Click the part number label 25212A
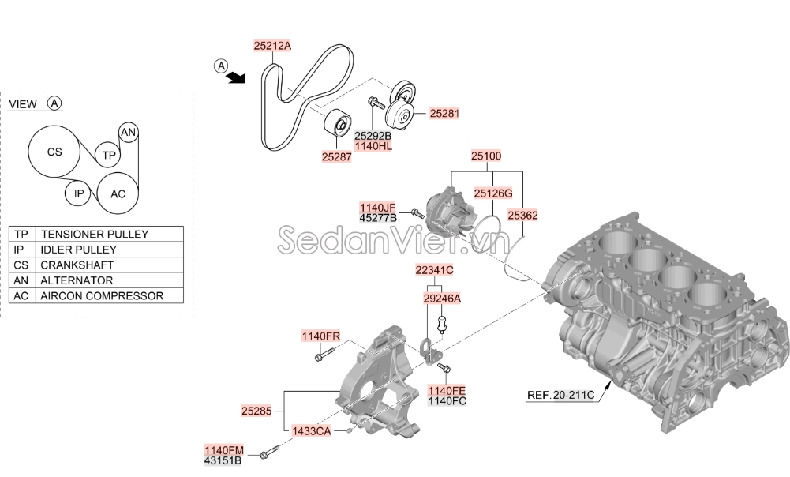272,46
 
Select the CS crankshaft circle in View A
54,152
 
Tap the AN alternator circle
128,132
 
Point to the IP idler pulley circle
78,193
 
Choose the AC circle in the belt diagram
118,193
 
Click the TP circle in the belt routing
108,155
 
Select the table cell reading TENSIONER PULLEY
95,234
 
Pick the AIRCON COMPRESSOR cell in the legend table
102,295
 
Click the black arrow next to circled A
235,77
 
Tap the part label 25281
444,114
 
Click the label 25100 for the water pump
486,156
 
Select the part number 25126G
492,193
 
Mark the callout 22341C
434,270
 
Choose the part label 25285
256,411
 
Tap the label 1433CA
312,431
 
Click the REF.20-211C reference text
561,395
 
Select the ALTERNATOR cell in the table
77,280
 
